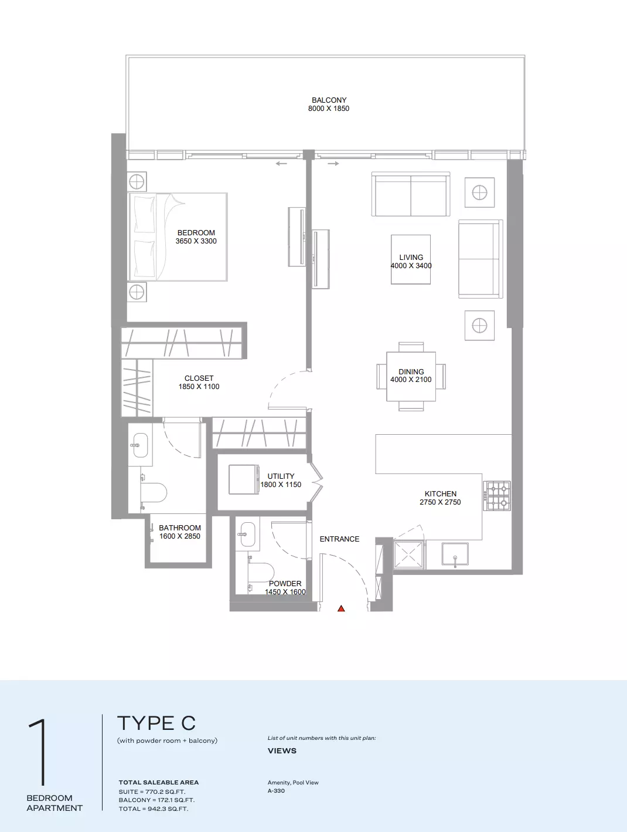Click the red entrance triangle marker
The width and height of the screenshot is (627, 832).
click(341, 608)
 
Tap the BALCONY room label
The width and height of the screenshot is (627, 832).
click(329, 100)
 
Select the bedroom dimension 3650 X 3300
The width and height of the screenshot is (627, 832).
click(196, 241)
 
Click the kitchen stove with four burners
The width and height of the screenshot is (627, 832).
click(497, 495)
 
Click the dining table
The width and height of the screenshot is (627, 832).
click(411, 376)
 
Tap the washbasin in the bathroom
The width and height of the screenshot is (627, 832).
click(140, 445)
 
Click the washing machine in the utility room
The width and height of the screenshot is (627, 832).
click(244, 479)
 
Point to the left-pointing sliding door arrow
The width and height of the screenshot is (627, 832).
click(281, 164)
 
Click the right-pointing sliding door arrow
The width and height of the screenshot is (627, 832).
click(333, 164)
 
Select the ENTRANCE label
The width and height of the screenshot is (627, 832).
click(339, 539)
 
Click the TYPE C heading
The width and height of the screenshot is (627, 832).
click(156, 723)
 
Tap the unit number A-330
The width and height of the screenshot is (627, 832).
click(276, 791)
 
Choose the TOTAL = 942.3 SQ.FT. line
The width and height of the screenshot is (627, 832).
click(154, 809)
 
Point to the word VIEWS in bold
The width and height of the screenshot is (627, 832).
click(282, 751)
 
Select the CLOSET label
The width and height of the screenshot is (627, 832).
click(199, 378)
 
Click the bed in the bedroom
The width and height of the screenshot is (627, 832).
click(178, 237)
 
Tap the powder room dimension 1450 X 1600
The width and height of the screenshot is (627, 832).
click(285, 592)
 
